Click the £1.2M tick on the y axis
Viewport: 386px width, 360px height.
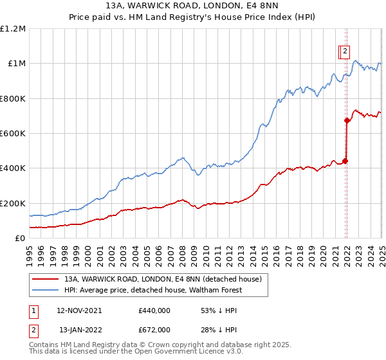[13, 29]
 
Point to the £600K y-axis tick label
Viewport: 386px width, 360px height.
[13, 134]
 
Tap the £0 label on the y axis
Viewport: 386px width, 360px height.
[21, 239]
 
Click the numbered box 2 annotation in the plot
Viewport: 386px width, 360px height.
[345, 53]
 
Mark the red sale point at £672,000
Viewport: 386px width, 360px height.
[347, 120]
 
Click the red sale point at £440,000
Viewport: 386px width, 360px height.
[345, 161]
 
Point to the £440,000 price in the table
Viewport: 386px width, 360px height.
[154, 310]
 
